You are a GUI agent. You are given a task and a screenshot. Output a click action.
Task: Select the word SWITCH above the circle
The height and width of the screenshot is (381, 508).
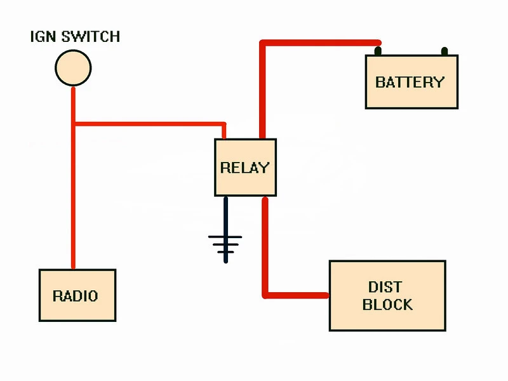[91, 37]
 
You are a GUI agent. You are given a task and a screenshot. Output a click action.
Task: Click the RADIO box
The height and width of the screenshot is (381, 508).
[77, 295]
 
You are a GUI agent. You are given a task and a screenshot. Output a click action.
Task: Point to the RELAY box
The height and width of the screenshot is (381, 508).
[245, 168]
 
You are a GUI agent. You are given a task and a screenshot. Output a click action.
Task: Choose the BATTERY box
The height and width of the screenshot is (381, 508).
[411, 82]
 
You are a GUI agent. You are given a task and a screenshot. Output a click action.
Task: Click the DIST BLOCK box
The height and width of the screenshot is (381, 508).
[387, 295]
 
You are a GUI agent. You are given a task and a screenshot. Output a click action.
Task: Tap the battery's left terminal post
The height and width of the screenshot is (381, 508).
[378, 51]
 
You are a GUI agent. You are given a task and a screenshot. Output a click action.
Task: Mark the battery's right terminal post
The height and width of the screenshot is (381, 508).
[444, 51]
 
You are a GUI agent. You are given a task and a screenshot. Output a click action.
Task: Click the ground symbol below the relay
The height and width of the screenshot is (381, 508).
[225, 245]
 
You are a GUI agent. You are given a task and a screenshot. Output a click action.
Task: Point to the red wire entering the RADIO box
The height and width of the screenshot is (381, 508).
[73, 178]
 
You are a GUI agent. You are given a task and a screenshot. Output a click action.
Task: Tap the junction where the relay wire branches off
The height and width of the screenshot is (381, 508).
[74, 124]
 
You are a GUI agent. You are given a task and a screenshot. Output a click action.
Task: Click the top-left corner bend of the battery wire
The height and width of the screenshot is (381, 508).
[263, 43]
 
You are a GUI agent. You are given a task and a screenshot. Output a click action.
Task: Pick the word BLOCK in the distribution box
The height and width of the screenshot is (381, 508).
[387, 305]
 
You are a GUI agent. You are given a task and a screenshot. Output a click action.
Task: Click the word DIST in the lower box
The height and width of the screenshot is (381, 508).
[385, 287]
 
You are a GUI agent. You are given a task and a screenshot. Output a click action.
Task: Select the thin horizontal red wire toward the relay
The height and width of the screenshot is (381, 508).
[150, 124]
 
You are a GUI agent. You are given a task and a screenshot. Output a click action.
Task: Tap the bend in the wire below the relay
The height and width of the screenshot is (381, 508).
[265, 295]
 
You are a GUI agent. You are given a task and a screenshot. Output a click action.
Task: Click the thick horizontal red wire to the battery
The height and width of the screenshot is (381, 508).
[321, 43]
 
